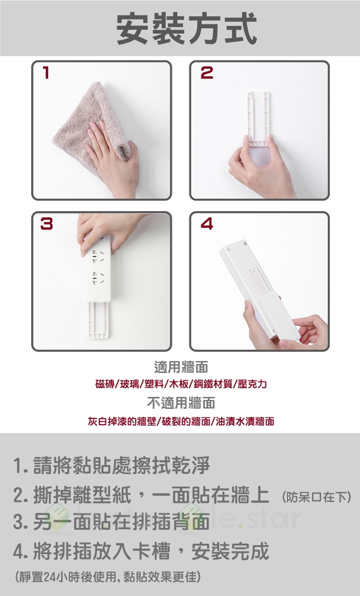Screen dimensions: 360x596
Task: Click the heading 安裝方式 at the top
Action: click(187, 28)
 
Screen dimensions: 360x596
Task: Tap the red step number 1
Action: click(46, 72)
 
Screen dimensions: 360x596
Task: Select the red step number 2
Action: click(207, 72)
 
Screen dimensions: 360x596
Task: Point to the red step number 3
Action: click(47, 224)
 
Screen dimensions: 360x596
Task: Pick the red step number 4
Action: click(207, 224)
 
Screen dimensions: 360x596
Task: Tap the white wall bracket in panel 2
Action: click(258, 120)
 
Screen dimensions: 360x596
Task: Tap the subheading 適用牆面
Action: click(181, 367)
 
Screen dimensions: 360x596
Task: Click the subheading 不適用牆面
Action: click(181, 403)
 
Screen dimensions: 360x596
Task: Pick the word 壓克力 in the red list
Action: click(252, 384)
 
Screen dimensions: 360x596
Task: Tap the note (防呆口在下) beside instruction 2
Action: click(316, 497)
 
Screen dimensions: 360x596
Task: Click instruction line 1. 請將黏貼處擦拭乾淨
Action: click(112, 465)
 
